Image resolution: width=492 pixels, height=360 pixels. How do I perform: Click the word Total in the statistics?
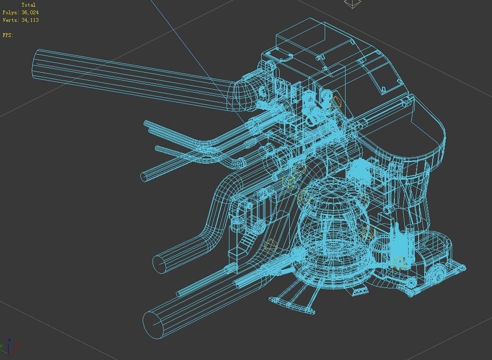(x=28, y=5)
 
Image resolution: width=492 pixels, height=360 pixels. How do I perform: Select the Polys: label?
(x=11, y=12)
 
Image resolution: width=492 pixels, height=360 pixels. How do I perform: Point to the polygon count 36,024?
(x=30, y=12)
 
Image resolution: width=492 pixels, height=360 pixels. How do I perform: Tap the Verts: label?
(x=11, y=20)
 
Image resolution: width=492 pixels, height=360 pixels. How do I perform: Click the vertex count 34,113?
(x=30, y=20)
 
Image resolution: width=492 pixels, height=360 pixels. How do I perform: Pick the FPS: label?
(x=8, y=35)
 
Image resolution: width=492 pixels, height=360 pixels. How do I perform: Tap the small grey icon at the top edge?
(x=352, y=4)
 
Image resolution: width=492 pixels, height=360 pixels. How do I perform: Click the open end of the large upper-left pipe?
(x=38, y=64)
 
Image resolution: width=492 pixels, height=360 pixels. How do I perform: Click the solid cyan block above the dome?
(x=362, y=170)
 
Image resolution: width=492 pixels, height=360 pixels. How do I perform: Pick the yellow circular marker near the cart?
(x=399, y=262)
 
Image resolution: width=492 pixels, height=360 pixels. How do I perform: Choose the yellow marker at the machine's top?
(x=336, y=102)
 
